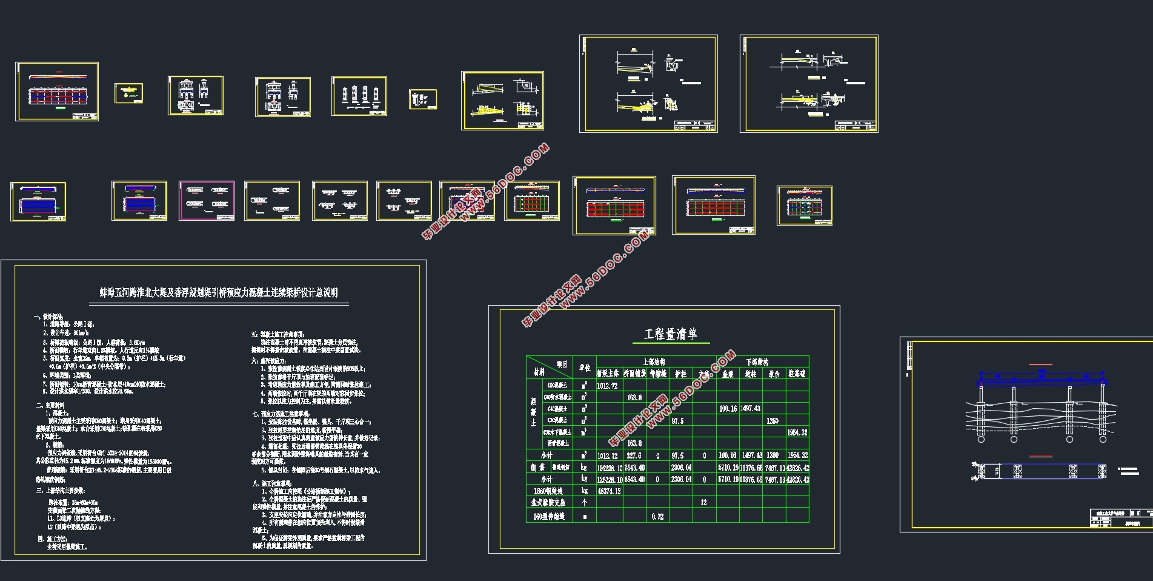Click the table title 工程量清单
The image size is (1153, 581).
(670, 334)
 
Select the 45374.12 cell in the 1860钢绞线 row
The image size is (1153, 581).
(610, 491)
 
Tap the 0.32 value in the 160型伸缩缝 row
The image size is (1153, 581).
(657, 516)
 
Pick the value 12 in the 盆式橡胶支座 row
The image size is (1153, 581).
(703, 502)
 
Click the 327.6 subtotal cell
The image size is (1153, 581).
(634, 455)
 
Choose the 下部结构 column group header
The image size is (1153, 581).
(762, 361)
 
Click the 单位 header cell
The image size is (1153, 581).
(585, 368)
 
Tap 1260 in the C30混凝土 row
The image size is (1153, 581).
(772, 420)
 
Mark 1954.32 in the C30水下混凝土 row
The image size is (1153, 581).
(797, 432)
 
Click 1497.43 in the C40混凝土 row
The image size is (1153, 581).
(750, 409)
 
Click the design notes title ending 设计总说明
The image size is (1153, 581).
(219, 292)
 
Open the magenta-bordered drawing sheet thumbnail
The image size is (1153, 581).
(207, 201)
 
